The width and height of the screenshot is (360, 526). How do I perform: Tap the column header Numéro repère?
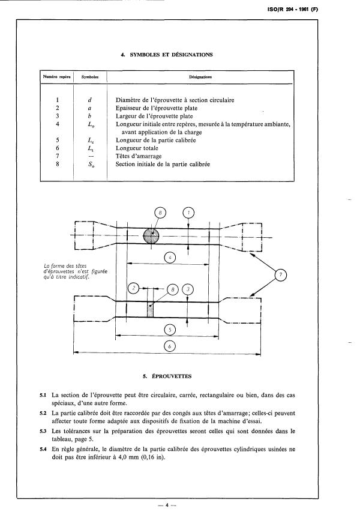click(56, 77)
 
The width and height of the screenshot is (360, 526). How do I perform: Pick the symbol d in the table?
click(89, 98)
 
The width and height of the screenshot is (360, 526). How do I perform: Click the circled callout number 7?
click(280, 275)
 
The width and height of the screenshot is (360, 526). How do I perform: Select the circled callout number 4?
click(170, 259)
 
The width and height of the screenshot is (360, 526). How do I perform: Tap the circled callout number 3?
click(188, 289)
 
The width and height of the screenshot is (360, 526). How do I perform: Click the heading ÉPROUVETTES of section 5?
click(167, 376)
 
